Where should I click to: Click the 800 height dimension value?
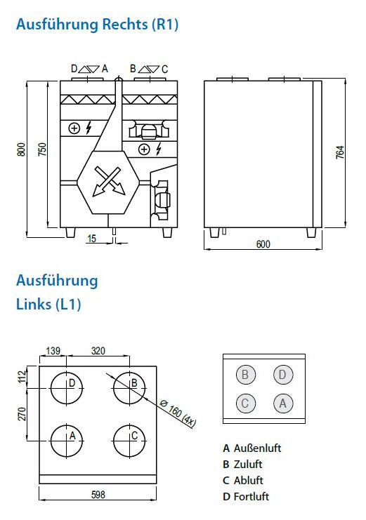point(21,149)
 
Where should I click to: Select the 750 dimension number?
point(43,149)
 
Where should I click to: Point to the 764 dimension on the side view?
point(340,152)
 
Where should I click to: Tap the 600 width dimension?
point(263,244)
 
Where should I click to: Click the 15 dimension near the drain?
point(91,239)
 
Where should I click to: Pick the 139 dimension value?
point(53,351)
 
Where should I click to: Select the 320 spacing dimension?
point(98,351)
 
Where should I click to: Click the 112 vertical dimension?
point(22,377)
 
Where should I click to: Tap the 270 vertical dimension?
point(22,414)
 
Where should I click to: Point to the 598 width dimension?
point(98,495)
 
